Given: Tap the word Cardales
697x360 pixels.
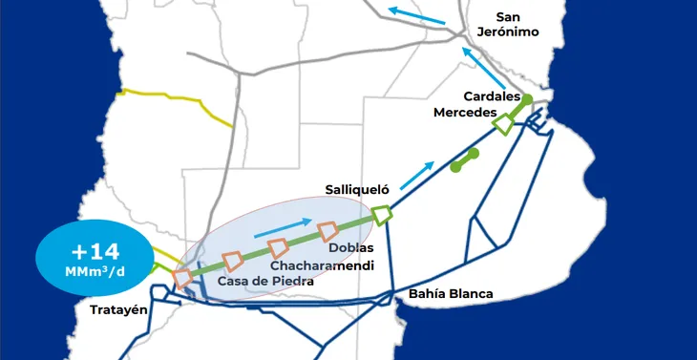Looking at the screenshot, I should point(491,96).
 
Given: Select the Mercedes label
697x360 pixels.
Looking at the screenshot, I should point(466,113).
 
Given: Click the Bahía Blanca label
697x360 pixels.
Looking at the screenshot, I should point(451,293).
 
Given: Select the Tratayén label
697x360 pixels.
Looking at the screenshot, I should point(120,309).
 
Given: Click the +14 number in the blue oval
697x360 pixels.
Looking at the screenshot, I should point(95,252).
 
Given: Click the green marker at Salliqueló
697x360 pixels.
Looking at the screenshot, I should point(382,215).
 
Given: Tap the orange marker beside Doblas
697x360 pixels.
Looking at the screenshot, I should point(328,230).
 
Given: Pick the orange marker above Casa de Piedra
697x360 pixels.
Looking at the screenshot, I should point(232,261).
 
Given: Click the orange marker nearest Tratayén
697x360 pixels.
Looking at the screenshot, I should point(182,277).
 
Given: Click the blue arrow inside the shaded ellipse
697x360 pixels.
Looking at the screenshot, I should point(284,228).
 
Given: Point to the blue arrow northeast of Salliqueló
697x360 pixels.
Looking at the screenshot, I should point(414,175).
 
